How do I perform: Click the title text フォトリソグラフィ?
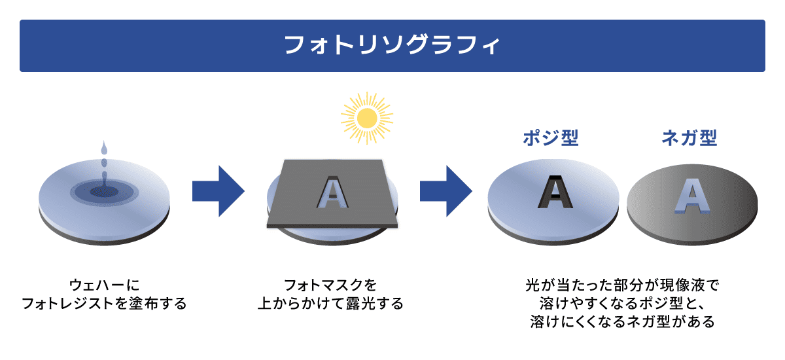point(392,45)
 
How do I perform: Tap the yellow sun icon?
point(367,118)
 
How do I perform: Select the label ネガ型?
point(689,138)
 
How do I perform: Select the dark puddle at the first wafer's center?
point(103,192)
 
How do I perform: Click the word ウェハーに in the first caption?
point(104,286)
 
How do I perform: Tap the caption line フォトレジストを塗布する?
point(104,304)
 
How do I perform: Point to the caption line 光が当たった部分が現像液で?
point(621,286)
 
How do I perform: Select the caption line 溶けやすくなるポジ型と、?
point(621,304)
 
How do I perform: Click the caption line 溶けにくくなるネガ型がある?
point(621,323)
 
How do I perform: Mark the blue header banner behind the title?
point(131,45)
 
